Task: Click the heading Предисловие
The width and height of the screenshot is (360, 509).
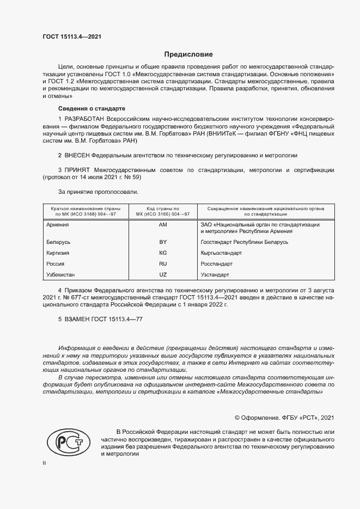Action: point(189,54)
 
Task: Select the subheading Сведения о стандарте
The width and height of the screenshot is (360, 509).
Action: point(91,108)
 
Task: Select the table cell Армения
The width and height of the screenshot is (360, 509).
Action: point(58,224)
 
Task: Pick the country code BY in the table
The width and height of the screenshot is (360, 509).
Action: point(162,242)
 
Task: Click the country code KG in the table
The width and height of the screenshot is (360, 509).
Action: point(162,253)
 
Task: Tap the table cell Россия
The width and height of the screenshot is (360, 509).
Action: point(56,263)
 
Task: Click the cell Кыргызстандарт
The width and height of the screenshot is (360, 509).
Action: point(221,253)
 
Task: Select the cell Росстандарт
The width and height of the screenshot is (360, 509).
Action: point(217,263)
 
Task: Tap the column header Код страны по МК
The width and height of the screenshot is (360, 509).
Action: point(162,211)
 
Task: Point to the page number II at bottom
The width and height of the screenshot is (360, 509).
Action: point(45,464)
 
